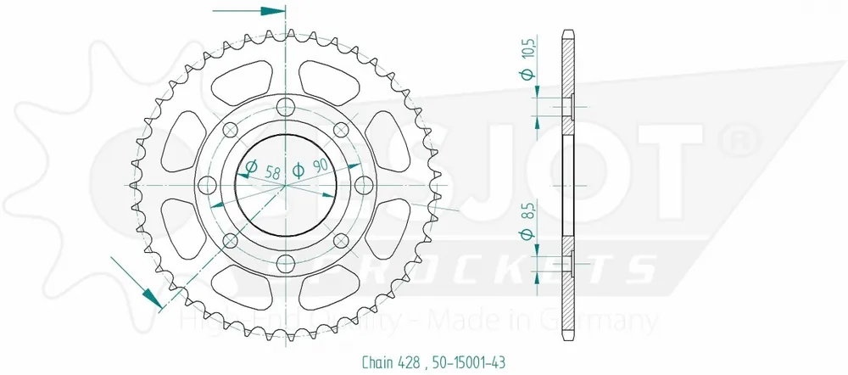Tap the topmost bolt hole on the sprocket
[285, 106]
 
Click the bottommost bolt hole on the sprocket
[285, 263]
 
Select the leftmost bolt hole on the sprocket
[206, 185]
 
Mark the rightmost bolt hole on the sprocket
[364, 185]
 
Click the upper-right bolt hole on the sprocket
[341, 129]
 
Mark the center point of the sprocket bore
[285, 185]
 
